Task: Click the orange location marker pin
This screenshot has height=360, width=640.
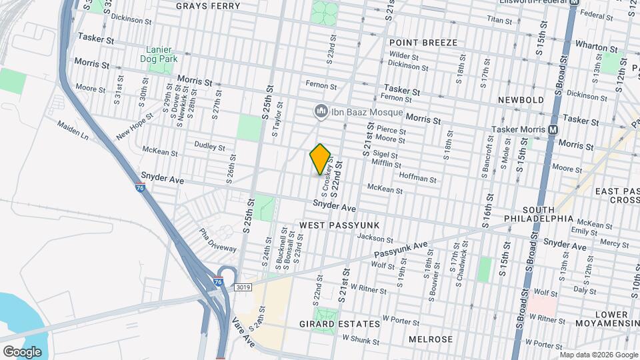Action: (x=320, y=159)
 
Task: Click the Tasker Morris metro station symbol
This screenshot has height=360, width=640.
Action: (x=553, y=129)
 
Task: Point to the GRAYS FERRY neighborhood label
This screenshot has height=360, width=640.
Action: (x=203, y=6)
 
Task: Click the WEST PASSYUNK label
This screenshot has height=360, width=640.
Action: (x=339, y=225)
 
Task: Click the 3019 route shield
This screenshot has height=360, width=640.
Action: (x=243, y=287)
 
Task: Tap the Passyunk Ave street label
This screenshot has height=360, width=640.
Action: (x=399, y=251)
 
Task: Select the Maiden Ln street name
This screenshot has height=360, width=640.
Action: (x=73, y=130)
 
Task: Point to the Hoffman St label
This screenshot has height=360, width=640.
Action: (x=417, y=179)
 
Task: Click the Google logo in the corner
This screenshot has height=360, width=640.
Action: (x=22, y=351)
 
